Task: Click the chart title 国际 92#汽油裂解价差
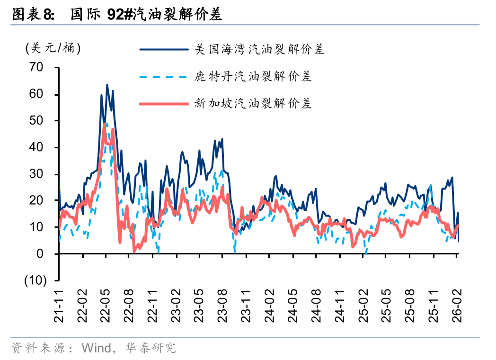coord(147,15)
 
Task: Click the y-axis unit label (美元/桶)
coord(53,48)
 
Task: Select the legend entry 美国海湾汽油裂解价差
coord(260,49)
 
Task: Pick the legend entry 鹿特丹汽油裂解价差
coord(253,76)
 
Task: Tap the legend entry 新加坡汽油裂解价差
coord(253,103)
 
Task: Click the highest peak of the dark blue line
coord(107,85)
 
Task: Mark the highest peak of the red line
coord(105,124)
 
